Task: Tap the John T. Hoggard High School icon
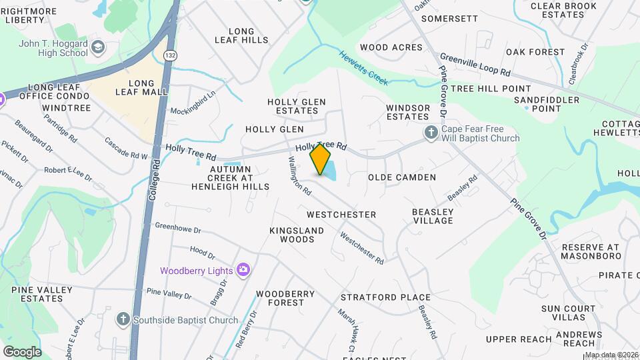coord(99,47)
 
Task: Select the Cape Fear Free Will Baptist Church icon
coord(431,133)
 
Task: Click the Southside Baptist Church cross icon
coord(123,319)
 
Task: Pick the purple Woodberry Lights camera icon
coord(244,270)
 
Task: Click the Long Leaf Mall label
coord(141,88)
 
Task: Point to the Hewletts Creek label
coord(363,68)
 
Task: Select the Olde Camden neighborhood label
coord(402,177)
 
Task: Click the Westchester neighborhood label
coord(341,215)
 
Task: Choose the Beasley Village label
coord(433,216)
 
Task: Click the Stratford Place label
coord(385,297)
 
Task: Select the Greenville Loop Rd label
coord(475,66)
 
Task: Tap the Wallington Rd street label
coord(299,175)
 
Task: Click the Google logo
coord(22,351)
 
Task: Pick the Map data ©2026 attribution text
coord(611,355)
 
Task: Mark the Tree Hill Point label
coord(491,89)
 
